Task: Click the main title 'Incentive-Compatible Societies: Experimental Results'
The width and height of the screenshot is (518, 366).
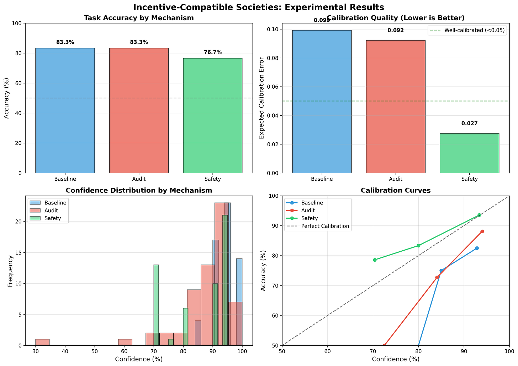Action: point(259,7)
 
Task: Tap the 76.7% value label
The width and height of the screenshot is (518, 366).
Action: point(212,52)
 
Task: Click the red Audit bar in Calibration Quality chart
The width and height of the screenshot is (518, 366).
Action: point(396,106)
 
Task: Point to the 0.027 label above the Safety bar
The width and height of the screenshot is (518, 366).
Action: point(469,124)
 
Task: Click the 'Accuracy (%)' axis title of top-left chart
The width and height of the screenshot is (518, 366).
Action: point(7,98)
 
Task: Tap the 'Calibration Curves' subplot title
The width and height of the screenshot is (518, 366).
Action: point(396,191)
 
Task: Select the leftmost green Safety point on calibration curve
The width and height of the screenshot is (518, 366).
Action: point(374,260)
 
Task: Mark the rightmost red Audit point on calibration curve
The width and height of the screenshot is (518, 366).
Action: point(482,231)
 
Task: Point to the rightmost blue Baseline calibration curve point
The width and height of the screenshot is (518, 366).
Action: point(477,248)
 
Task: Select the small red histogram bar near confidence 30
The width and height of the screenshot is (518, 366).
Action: point(42,342)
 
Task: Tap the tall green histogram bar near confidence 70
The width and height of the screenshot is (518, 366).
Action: point(156,305)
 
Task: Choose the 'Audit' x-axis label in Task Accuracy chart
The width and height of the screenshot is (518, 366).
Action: point(138,179)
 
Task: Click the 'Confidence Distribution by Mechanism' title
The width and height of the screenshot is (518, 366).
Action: point(138,191)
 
